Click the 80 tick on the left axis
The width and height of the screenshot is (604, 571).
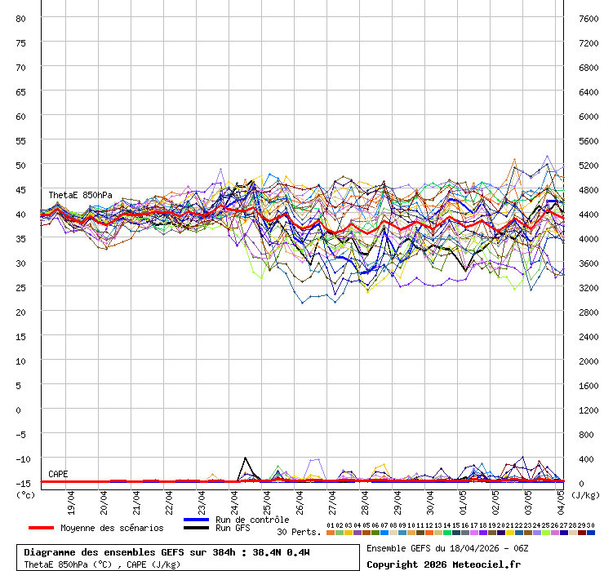[21, 18]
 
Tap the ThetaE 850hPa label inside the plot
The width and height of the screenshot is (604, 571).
[80, 196]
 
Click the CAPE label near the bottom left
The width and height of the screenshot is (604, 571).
[58, 474]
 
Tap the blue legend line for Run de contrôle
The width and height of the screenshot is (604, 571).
[196, 520]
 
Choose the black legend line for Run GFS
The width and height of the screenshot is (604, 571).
[196, 528]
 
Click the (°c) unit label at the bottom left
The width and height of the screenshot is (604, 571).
[25, 494]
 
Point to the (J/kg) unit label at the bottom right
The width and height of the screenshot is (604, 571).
[584, 494]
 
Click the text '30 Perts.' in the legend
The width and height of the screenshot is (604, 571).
[299, 532]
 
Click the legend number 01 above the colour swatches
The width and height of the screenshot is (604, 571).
[330, 525]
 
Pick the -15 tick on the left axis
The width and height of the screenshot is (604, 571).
[21, 483]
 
